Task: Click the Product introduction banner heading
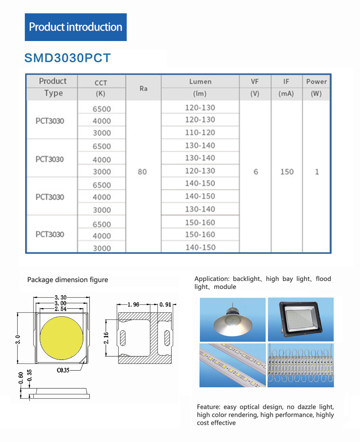click(x=76, y=27)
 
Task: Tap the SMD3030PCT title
click(x=67, y=58)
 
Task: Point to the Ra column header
click(x=143, y=88)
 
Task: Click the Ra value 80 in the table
click(x=142, y=172)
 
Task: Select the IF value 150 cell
click(x=287, y=172)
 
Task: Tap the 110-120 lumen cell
click(x=200, y=132)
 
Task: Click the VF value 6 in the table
click(x=256, y=172)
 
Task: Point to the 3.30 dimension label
click(x=60, y=298)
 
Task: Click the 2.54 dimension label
click(x=60, y=309)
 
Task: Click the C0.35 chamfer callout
click(x=63, y=370)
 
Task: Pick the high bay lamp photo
click(x=233, y=319)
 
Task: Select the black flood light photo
click(x=301, y=319)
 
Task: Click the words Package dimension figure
click(x=68, y=280)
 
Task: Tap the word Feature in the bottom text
click(x=208, y=407)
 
